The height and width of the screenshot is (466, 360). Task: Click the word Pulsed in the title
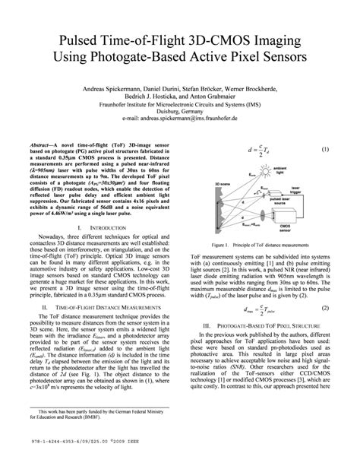pyautogui.click(x=83, y=40)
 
